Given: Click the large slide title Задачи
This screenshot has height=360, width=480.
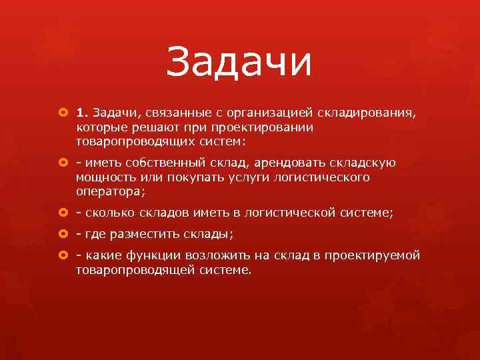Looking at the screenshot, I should (x=239, y=62).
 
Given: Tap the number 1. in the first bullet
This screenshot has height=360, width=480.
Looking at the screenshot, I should (x=83, y=112).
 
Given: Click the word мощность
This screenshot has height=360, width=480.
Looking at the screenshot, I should (x=107, y=177).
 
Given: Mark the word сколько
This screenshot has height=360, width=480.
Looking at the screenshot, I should (x=109, y=213).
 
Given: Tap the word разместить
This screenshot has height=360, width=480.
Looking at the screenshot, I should (x=142, y=235).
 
